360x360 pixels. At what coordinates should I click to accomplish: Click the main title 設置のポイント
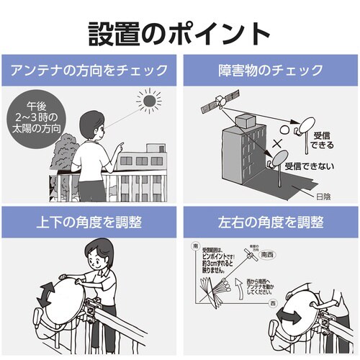[x=179, y=32]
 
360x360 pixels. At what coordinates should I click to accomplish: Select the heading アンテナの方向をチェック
[x=90, y=71]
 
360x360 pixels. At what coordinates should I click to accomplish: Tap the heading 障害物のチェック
[x=269, y=71]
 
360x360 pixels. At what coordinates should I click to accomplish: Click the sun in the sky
[x=150, y=103]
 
